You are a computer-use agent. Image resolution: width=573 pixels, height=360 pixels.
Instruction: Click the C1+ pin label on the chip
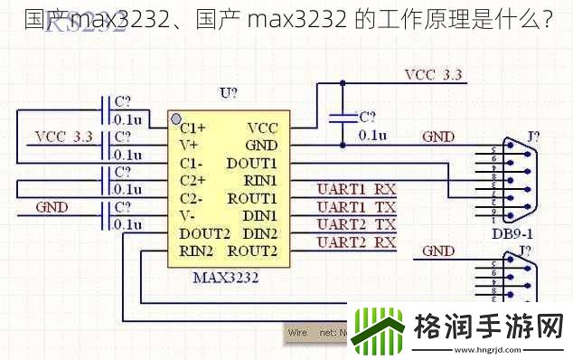pos(193,128)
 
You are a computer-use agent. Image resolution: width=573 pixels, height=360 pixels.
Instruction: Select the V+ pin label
pos(188,145)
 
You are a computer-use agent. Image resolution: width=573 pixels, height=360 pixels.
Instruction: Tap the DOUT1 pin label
pos(251,163)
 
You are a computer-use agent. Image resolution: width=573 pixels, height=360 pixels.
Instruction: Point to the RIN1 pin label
pos(258,180)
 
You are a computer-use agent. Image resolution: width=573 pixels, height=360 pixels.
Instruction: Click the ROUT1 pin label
pos(251,198)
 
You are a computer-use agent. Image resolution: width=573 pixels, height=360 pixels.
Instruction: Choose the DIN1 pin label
pos(259,215)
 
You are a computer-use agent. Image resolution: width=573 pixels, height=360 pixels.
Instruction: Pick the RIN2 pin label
pos(195,251)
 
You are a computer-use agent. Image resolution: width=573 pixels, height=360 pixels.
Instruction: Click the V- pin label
pos(188,215)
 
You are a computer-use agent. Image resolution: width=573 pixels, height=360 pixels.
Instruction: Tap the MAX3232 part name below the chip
pos(225,277)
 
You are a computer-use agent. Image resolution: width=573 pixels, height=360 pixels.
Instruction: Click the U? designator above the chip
pos(229,93)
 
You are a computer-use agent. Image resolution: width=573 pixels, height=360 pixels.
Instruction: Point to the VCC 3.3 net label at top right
pos(433,74)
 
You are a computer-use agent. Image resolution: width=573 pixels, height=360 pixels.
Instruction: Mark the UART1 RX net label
pos(356,189)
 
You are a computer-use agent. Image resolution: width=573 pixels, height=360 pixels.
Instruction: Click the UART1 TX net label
pos(356,206)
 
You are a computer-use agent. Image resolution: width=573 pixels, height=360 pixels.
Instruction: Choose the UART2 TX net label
pos(356,223)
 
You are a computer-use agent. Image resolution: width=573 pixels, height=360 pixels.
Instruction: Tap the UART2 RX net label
pos(356,242)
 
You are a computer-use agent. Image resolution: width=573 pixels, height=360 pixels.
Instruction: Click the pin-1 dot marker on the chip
pos(175,119)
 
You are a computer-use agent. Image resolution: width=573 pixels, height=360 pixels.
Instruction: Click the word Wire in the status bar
pos(297,332)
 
